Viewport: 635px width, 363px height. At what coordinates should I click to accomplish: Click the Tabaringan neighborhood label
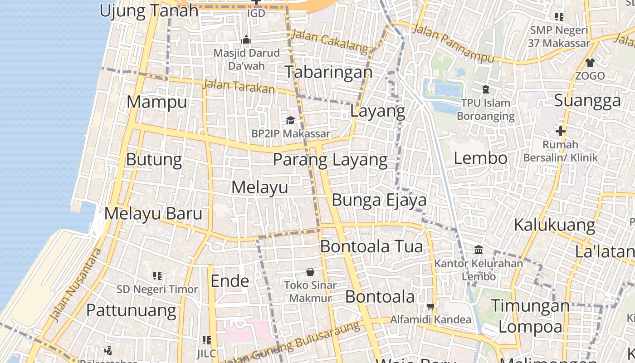[x=328, y=72]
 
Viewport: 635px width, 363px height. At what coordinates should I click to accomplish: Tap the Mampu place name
[x=156, y=102]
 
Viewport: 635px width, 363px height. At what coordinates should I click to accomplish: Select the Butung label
[x=154, y=160]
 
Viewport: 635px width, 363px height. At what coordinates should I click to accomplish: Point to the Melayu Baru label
[x=153, y=214]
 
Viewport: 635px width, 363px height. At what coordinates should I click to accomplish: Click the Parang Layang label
[x=330, y=160]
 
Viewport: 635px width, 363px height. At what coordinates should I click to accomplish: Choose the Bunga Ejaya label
[x=379, y=200]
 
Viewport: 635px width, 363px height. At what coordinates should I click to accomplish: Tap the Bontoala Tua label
[x=371, y=246]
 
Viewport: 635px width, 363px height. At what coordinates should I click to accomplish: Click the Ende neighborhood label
[x=230, y=281]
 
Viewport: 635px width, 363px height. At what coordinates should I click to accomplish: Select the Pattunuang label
[x=131, y=311]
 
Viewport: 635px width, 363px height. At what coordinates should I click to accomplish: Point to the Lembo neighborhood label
[x=480, y=158]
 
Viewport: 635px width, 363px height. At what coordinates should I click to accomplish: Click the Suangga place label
[x=587, y=101]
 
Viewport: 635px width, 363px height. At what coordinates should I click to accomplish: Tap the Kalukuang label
[x=554, y=225]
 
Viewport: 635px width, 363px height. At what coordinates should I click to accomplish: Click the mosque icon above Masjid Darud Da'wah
[x=246, y=40]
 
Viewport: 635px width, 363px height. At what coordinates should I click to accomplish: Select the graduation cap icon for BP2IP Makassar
[x=290, y=120]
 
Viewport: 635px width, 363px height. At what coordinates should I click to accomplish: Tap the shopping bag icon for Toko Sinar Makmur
[x=310, y=272]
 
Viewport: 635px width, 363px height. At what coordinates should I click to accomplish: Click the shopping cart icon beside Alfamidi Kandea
[x=430, y=306]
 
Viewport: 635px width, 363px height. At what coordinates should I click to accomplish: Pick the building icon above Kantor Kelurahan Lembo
[x=478, y=250]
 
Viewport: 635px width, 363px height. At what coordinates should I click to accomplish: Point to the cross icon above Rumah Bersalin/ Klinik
[x=561, y=132]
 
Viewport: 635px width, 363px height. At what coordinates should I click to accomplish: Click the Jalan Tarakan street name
[x=239, y=86]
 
